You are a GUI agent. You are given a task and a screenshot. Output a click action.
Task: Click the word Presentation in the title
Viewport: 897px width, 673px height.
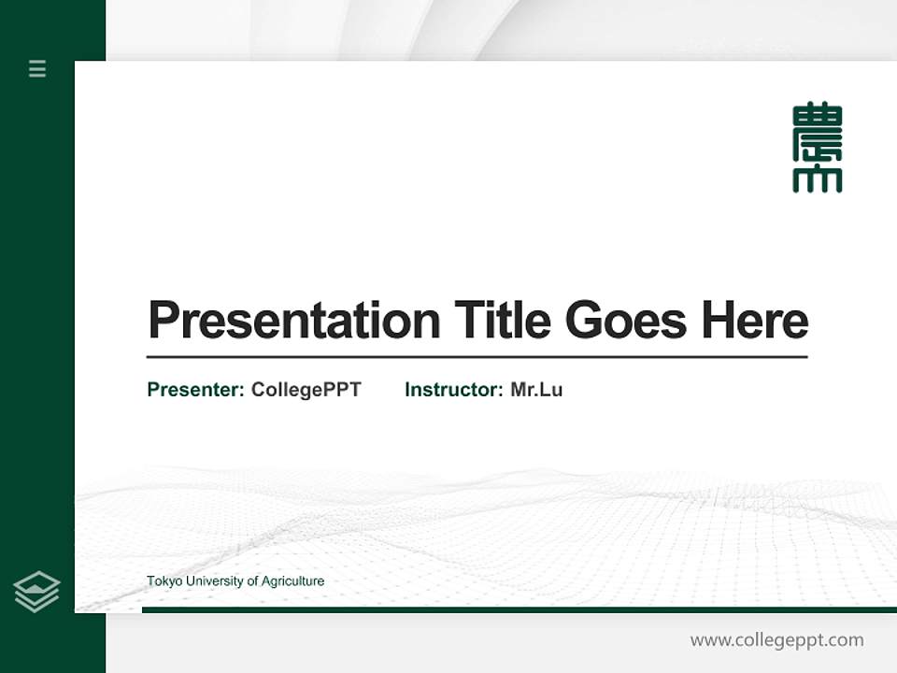click(x=293, y=321)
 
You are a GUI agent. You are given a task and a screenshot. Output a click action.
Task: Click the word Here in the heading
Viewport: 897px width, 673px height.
click(x=754, y=321)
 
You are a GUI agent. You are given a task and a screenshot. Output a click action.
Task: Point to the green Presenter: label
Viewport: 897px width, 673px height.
click(x=195, y=390)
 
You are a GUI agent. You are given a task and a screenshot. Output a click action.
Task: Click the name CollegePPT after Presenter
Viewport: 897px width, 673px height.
click(x=306, y=390)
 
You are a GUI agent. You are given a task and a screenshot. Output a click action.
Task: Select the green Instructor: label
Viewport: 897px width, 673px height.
click(x=453, y=390)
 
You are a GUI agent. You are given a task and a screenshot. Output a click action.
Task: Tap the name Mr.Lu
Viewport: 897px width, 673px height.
click(x=536, y=390)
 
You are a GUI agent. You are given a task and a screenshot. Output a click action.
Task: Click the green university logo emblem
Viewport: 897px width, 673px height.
click(x=817, y=148)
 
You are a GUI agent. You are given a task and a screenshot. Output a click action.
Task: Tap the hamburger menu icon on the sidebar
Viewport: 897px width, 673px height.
click(x=37, y=68)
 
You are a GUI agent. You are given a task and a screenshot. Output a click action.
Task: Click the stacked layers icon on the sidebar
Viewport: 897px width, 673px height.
click(x=36, y=592)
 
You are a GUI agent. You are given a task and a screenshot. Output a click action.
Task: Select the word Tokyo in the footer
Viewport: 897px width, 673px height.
click(x=164, y=581)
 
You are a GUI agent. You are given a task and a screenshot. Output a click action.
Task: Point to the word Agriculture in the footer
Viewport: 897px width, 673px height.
click(x=292, y=581)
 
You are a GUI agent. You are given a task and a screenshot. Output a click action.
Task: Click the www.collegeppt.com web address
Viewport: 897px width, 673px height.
click(x=776, y=640)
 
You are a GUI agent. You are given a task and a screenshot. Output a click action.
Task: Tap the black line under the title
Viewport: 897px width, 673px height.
click(x=477, y=357)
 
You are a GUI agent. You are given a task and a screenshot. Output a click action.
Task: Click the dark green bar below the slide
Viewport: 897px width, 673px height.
click(x=519, y=609)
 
